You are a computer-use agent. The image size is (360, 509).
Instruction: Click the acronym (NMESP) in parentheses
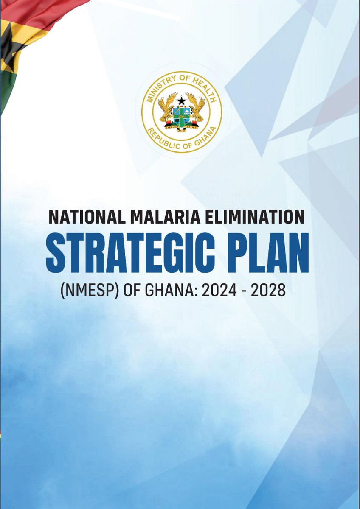click(84, 292)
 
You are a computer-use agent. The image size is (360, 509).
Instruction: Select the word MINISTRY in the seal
click(155, 94)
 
